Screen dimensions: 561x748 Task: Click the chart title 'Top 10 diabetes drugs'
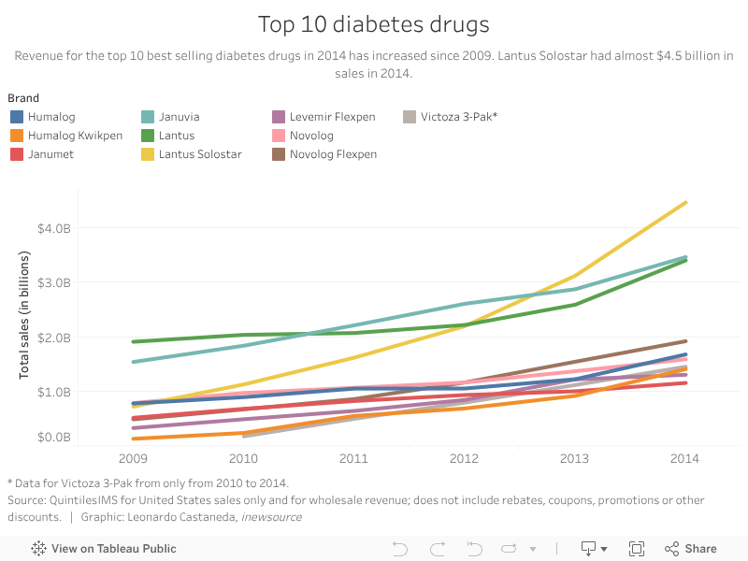click(374, 23)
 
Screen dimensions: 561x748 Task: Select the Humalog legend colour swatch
click(17, 117)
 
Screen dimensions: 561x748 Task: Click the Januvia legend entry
click(179, 117)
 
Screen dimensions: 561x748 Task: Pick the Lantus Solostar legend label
click(200, 153)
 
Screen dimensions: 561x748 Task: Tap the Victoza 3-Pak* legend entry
click(458, 117)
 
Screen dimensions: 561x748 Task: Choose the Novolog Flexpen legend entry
click(333, 153)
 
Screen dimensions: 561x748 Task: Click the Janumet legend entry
click(51, 153)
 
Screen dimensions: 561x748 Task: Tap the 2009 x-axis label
click(133, 458)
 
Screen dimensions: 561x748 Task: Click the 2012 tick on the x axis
click(464, 458)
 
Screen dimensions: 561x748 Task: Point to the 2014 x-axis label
click(685, 458)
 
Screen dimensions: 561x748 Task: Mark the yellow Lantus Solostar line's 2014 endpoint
click(685, 202)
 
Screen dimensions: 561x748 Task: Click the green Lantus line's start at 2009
click(134, 341)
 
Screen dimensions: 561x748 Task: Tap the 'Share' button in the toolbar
click(691, 549)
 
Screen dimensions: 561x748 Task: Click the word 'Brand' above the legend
click(23, 97)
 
